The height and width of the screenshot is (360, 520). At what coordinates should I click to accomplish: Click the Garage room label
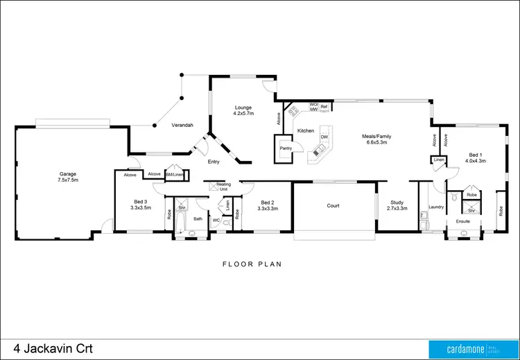coord(67,176)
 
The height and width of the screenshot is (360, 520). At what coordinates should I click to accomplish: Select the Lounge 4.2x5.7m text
coord(243,111)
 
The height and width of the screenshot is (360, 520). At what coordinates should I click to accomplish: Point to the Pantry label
coord(285,148)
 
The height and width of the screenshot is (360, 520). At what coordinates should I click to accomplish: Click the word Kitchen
coord(306,130)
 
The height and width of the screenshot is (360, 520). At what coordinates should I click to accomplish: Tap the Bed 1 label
coord(475,157)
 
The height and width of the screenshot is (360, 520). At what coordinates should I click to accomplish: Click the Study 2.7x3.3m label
coord(397,205)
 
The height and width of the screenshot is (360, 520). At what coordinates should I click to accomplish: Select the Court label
coord(333,205)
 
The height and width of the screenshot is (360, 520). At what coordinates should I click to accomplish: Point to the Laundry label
coord(436,207)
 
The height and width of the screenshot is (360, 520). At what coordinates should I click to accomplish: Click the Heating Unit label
coord(223,187)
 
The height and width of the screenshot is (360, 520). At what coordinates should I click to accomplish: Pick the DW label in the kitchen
coord(324,137)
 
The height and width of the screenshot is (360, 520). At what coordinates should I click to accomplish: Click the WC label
coord(216,221)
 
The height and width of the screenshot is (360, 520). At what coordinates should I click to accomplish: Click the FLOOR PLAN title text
coord(251,264)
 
